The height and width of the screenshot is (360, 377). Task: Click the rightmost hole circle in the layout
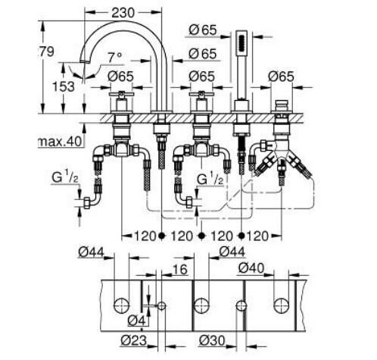coord(283,305)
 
